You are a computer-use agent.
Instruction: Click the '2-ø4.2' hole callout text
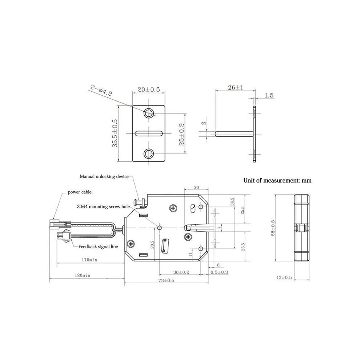pyautogui.click(x=101, y=91)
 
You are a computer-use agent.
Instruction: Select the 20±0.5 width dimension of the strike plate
pyautogui.click(x=149, y=89)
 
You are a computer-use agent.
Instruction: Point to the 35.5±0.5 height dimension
pyautogui.click(x=115, y=133)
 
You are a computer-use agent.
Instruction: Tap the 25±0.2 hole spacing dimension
pyautogui.click(x=181, y=134)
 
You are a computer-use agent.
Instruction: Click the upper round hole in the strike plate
pyautogui.click(x=149, y=113)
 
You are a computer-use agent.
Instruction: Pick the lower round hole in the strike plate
pyautogui.click(x=149, y=153)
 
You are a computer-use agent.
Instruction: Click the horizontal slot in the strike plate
pyautogui.click(x=149, y=133)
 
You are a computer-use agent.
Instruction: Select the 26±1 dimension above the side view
pyautogui.click(x=235, y=87)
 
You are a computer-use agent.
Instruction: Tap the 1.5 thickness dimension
pyautogui.click(x=269, y=95)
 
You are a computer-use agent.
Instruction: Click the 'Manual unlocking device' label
pyautogui.click(x=104, y=177)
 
